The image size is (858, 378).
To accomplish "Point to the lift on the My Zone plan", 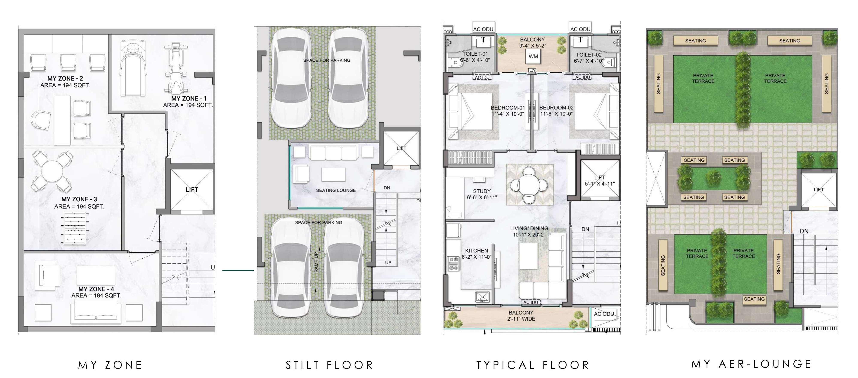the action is (x=192, y=189).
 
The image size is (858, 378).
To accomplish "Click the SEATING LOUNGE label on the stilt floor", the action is (x=336, y=191).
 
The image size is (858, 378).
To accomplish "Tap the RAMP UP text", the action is (x=316, y=262).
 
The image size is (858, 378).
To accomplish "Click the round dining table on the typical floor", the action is (x=529, y=184).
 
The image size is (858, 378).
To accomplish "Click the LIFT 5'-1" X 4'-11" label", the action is (x=600, y=180).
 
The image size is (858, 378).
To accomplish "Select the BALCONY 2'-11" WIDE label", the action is (x=521, y=316).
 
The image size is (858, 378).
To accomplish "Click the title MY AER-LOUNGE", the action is (x=751, y=364).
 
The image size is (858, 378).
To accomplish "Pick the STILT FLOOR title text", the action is (x=329, y=365).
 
